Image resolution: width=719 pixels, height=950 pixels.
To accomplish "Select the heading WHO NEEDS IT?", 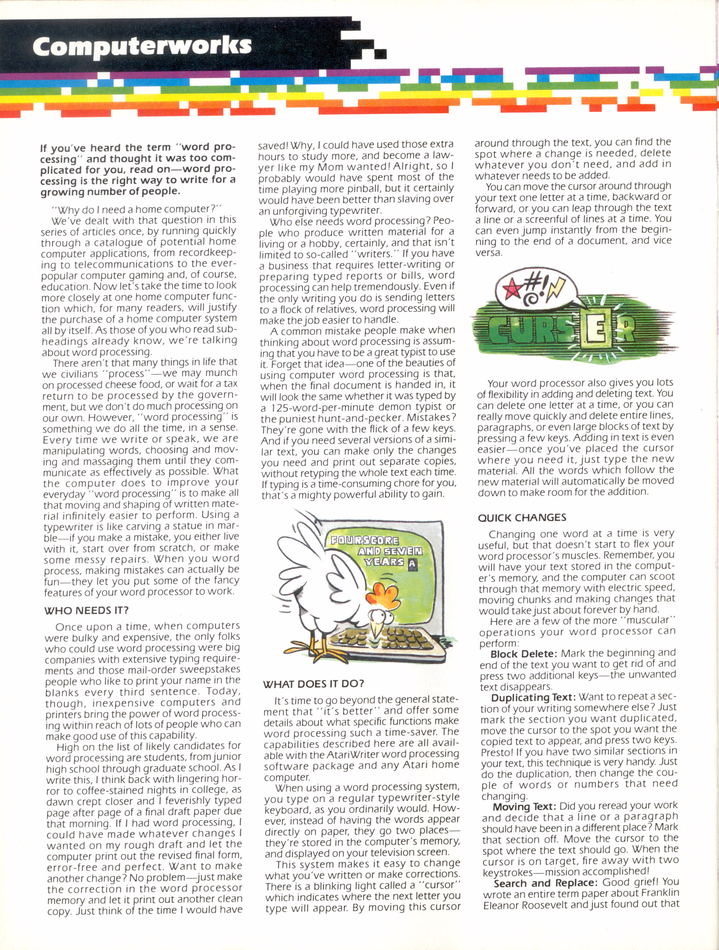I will [x=86, y=610].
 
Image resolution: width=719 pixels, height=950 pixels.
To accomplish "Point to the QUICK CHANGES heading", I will [x=522, y=518].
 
